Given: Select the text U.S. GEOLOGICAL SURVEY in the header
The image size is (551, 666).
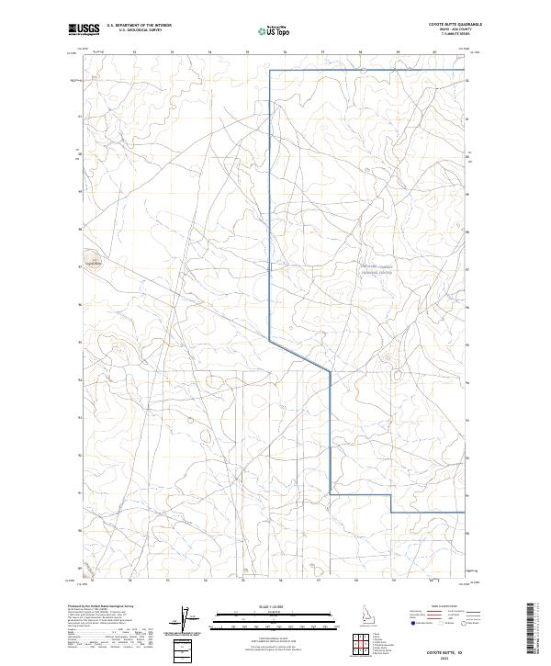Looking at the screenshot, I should (x=133, y=30).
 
